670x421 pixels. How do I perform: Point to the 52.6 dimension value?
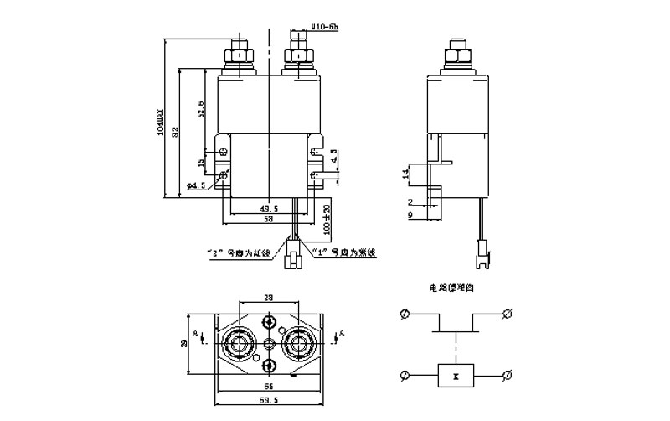[200, 109]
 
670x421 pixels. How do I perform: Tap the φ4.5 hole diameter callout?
[196, 185]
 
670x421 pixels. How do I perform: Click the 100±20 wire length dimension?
[326, 217]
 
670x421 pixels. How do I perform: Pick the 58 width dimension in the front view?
[268, 218]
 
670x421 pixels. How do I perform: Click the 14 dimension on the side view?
[405, 175]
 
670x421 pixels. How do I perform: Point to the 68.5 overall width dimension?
[269, 403]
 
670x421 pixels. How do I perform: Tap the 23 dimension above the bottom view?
[268, 298]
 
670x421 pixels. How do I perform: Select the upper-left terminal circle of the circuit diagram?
[405, 314]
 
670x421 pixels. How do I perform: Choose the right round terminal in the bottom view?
[300, 343]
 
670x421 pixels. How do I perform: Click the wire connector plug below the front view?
[294, 254]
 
